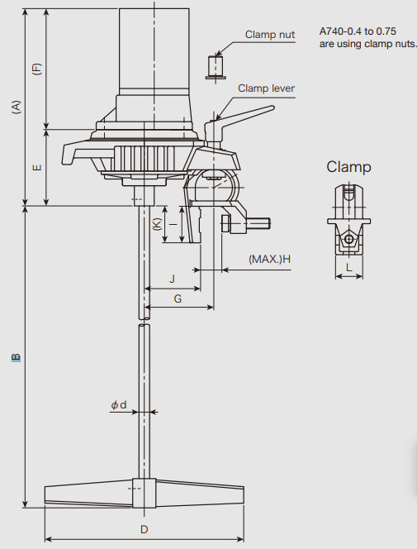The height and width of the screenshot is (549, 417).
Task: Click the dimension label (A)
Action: point(17,107)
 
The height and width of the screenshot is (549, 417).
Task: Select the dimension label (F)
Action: point(36,69)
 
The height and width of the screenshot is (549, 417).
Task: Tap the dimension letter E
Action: point(36,167)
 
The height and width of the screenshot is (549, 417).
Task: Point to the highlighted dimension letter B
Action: point(16,357)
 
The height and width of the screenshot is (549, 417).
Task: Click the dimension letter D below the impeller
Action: point(144,529)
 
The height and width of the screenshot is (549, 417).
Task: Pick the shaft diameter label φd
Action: point(118,405)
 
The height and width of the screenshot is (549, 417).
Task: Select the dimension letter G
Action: point(178,298)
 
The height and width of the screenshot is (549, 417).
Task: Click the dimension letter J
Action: point(172,279)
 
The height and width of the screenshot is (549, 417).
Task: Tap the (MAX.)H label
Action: point(269,259)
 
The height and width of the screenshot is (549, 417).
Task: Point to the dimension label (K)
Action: point(157,224)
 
